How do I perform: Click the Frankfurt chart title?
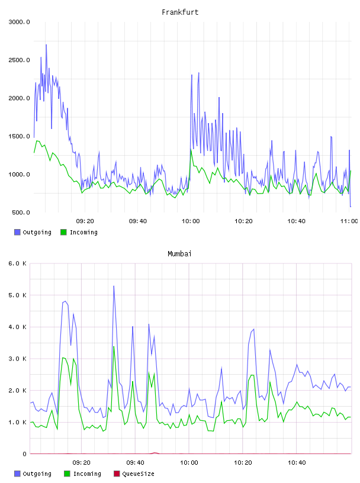tap(180, 12)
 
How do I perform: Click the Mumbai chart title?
tap(179, 254)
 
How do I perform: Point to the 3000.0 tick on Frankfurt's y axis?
tap(19, 22)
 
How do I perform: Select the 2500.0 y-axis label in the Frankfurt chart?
tap(19, 60)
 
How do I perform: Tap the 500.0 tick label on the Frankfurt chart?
tap(21, 212)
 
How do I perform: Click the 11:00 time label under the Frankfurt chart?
tap(349, 221)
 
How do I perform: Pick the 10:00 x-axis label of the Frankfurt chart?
tap(191, 221)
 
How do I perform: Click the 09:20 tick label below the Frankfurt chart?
tap(85, 221)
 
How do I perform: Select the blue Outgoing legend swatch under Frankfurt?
tap(17, 232)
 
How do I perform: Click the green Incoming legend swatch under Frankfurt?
tap(63, 232)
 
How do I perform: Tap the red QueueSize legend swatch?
tap(117, 474)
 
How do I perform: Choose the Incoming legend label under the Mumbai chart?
tap(87, 474)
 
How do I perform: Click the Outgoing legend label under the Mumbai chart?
tap(37, 474)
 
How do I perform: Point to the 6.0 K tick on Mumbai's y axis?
tap(18, 263)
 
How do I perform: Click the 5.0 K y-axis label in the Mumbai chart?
tap(18, 295)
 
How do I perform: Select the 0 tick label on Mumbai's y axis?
tap(25, 454)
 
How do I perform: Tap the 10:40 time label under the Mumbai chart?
tap(297, 463)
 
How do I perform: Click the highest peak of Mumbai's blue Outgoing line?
tap(114, 286)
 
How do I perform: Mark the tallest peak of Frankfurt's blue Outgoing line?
tap(46, 44)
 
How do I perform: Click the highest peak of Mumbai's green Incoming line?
tap(114, 346)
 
